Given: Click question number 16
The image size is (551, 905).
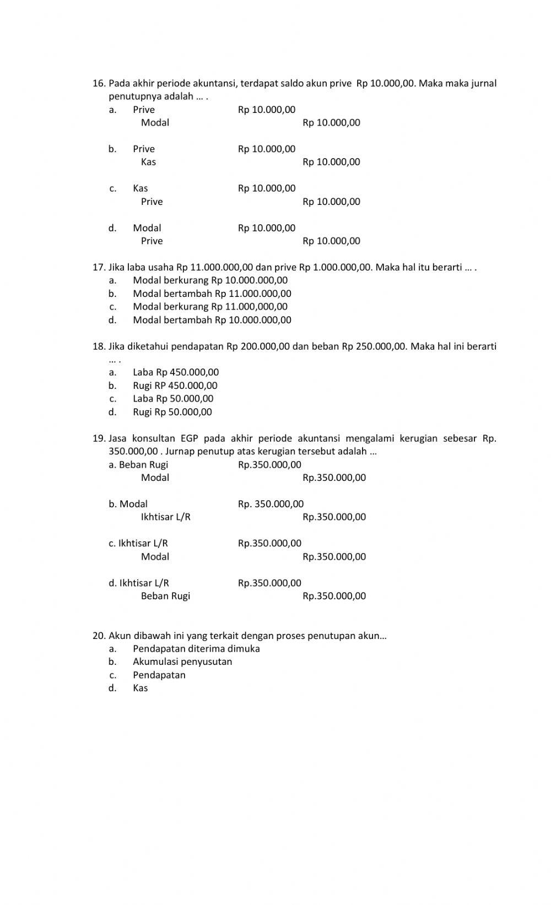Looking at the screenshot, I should click(x=99, y=84).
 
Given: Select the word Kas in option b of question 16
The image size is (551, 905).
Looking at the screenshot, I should click(x=148, y=162).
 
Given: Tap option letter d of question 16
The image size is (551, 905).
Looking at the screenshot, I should click(x=112, y=228).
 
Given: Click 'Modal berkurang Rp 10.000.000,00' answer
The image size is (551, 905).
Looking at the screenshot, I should click(x=210, y=280).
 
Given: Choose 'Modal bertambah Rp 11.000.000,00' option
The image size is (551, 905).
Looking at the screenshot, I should click(x=212, y=294).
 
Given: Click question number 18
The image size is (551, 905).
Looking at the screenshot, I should click(x=99, y=346).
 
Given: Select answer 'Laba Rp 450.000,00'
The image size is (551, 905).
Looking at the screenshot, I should click(x=176, y=372).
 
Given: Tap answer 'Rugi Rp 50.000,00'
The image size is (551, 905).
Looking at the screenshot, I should click(x=172, y=412).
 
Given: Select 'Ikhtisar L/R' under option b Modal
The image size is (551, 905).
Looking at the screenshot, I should click(x=166, y=517).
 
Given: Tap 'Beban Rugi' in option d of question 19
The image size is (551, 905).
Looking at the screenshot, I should click(x=165, y=596).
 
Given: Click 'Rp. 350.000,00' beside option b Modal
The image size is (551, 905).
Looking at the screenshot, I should click(x=271, y=504).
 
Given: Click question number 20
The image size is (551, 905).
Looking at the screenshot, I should click(x=99, y=636).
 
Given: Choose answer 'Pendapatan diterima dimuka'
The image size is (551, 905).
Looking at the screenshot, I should click(x=196, y=649).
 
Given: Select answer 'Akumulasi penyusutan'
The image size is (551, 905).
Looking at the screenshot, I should click(x=182, y=662).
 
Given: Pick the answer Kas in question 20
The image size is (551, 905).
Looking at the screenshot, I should click(x=140, y=688).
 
